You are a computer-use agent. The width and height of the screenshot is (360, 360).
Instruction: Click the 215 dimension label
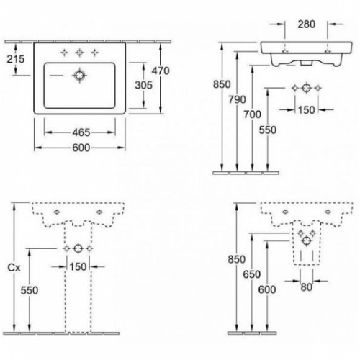pyautogui.click(x=16, y=59)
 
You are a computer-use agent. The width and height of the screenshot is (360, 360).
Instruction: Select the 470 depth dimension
pyautogui.click(x=161, y=71)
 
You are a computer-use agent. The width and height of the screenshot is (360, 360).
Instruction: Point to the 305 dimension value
pyautogui.click(x=143, y=85)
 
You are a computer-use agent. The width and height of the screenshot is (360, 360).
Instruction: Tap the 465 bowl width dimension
pyautogui.click(x=81, y=132)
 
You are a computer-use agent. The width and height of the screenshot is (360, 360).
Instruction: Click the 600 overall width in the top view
pyautogui.click(x=81, y=148)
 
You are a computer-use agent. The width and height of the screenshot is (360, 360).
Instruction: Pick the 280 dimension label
pyautogui.click(x=307, y=24)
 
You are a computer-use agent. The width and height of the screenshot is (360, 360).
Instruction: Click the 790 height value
pyautogui.click(x=237, y=99)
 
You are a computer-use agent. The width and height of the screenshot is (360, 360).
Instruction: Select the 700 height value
pyautogui.click(x=252, y=114)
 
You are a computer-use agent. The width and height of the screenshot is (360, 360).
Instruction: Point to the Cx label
pyautogui.click(x=14, y=267)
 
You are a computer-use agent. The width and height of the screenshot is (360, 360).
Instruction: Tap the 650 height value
pyautogui.click(x=252, y=274)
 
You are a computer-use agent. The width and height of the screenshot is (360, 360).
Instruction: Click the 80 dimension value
pyautogui.click(x=307, y=287)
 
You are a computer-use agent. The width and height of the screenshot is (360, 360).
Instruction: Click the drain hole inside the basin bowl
pyautogui.click(x=79, y=76)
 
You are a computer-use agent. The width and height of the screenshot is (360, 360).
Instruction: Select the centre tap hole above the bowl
pyautogui.click(x=79, y=53)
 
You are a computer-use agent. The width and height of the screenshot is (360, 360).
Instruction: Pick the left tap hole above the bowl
pyautogui.click(x=64, y=53)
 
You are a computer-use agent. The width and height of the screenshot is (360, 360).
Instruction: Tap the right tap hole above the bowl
pyautogui.click(x=95, y=53)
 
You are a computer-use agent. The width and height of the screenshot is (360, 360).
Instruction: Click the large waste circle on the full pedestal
pyautogui.click(x=78, y=248)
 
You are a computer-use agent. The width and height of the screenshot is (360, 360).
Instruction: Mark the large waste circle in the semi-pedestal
pyautogui.click(x=307, y=241)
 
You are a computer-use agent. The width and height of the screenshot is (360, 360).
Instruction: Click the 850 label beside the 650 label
pyautogui.click(x=237, y=259)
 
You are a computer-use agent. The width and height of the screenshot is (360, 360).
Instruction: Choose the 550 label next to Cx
pyautogui.click(x=30, y=290)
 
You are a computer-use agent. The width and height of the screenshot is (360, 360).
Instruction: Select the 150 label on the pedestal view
pyautogui.click(x=78, y=266)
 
